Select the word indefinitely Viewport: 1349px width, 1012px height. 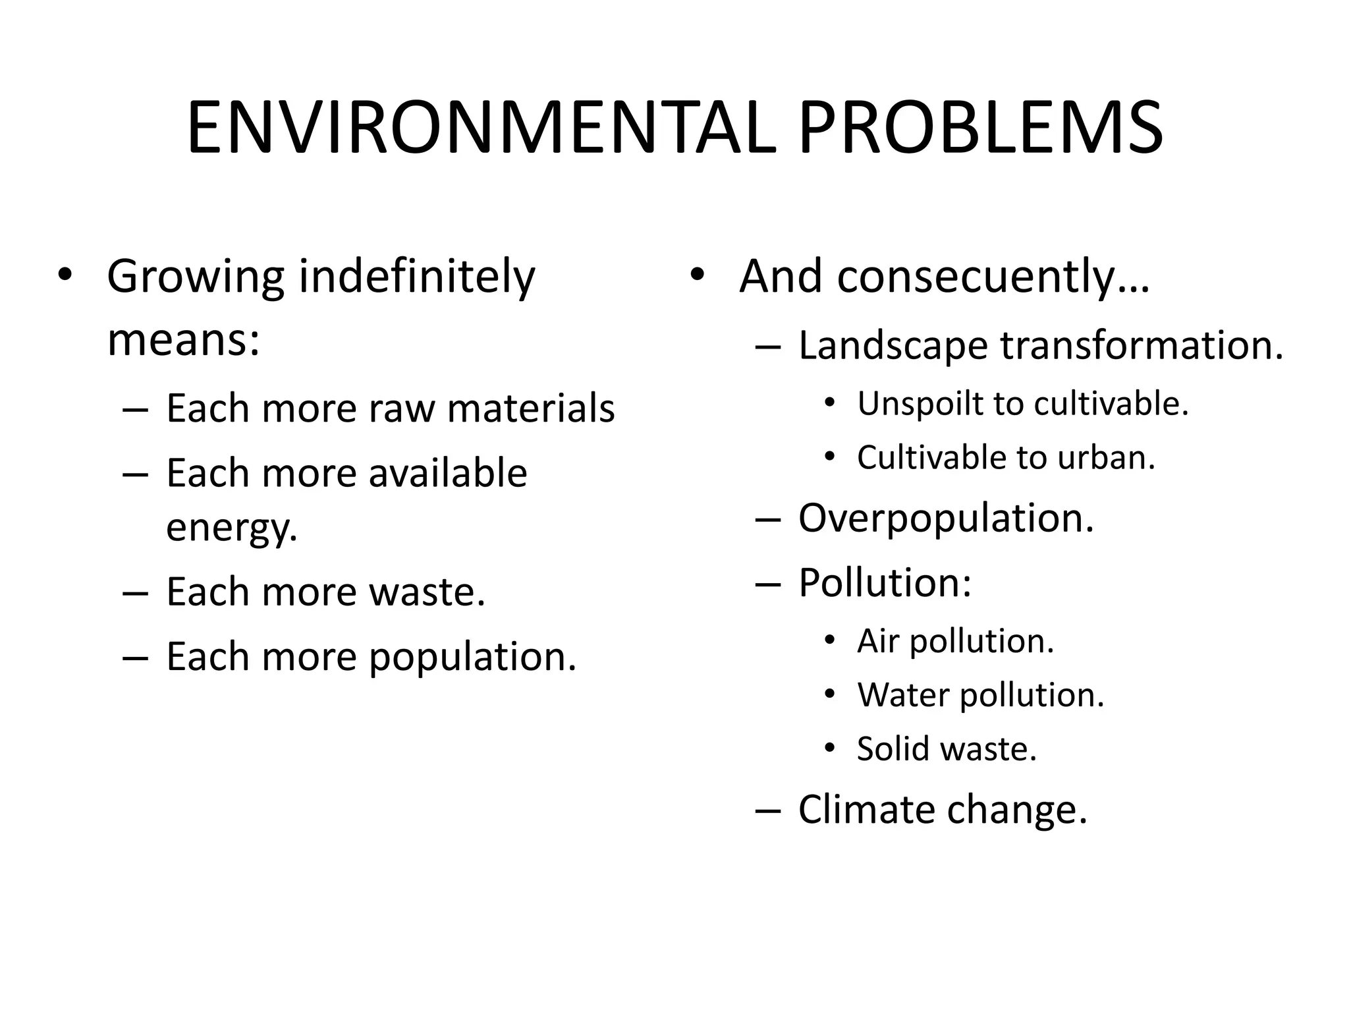(416, 277)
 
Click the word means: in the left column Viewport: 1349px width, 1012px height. (184, 340)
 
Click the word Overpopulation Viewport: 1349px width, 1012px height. (946, 519)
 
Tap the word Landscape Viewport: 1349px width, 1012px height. (893, 346)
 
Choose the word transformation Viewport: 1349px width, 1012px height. (1142, 346)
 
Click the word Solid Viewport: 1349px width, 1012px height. (893, 749)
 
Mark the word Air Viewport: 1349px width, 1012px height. (877, 641)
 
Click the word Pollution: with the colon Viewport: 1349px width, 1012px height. (885, 583)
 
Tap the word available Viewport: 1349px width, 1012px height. (448, 473)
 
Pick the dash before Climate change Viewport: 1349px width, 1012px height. (768, 810)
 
